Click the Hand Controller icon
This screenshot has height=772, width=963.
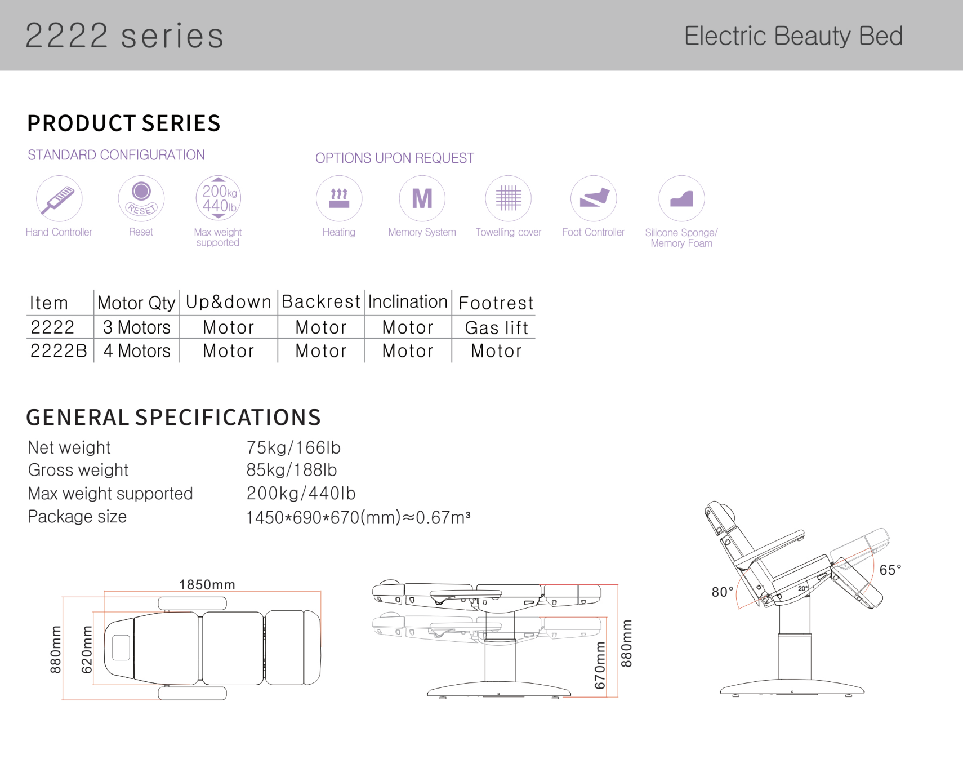tap(59, 198)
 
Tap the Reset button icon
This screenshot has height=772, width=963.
tap(141, 198)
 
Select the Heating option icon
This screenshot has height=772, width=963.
tap(339, 198)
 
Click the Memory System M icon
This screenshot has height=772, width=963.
tap(422, 198)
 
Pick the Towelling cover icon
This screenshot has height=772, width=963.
tap(509, 198)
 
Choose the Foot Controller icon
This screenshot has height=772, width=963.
tap(594, 198)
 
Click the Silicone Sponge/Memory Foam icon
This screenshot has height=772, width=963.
tap(681, 198)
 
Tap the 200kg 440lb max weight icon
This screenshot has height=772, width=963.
tap(219, 198)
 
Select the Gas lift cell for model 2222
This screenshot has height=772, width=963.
tap(496, 327)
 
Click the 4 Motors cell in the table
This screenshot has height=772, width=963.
tap(137, 351)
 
